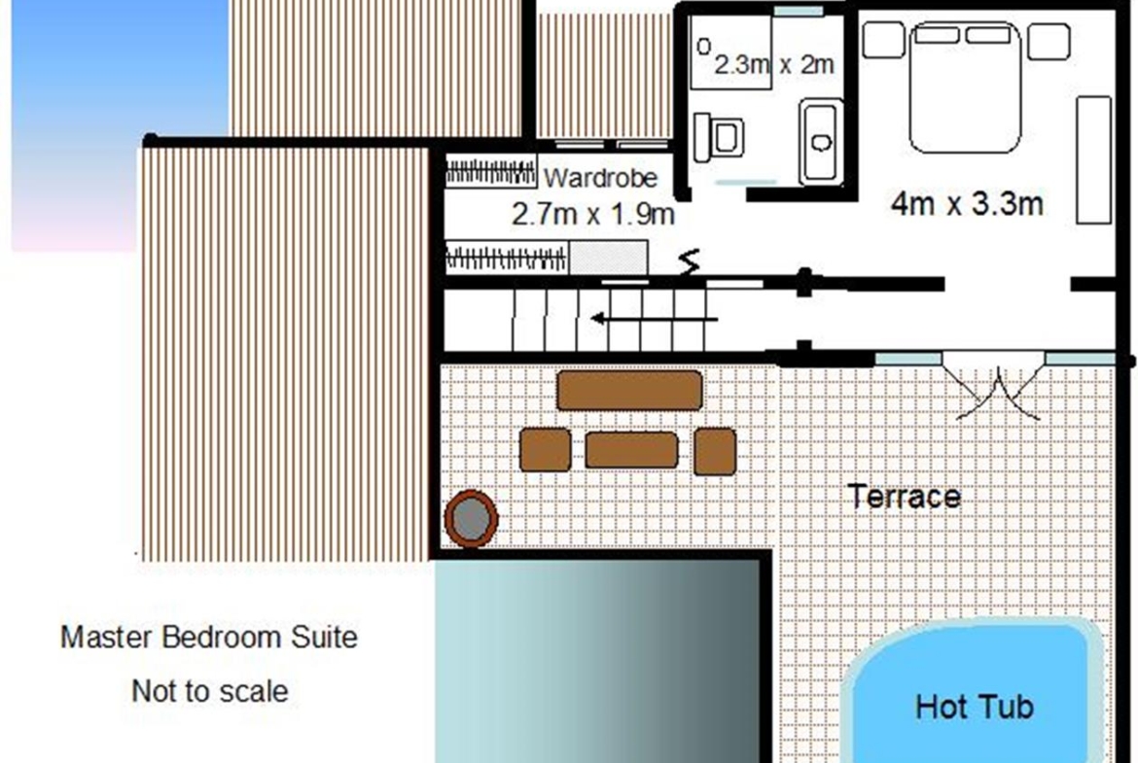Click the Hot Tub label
(x=974, y=707)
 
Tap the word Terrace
(x=905, y=497)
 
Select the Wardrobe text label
(x=600, y=178)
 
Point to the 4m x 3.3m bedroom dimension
(x=967, y=204)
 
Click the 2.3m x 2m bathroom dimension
(x=773, y=64)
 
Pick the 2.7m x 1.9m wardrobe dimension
(x=593, y=214)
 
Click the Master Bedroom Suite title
(x=209, y=638)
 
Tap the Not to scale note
(x=210, y=691)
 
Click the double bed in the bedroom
(x=965, y=87)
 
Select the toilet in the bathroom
(x=719, y=136)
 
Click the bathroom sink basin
(x=822, y=142)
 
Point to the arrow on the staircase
(x=654, y=319)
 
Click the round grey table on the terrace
(x=471, y=518)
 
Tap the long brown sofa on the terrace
(x=629, y=390)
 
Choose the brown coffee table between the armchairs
(x=631, y=450)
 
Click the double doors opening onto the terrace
(x=997, y=388)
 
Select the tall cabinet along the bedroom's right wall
(x=1093, y=159)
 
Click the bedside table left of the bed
(x=883, y=40)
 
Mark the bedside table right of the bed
(x=1049, y=42)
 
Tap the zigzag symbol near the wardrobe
(x=691, y=261)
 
